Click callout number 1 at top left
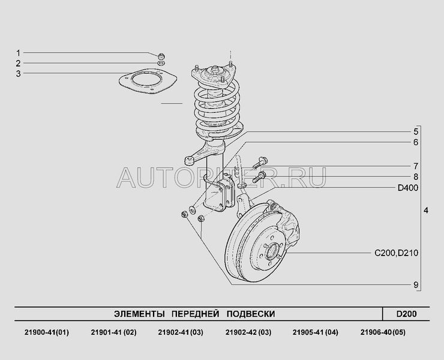(19, 53)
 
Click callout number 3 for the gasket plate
(19, 74)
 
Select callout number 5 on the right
(416, 132)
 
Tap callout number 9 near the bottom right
(416, 284)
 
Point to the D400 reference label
(408, 188)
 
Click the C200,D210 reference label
(396, 253)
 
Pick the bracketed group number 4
(426, 211)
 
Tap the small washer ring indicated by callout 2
(161, 63)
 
